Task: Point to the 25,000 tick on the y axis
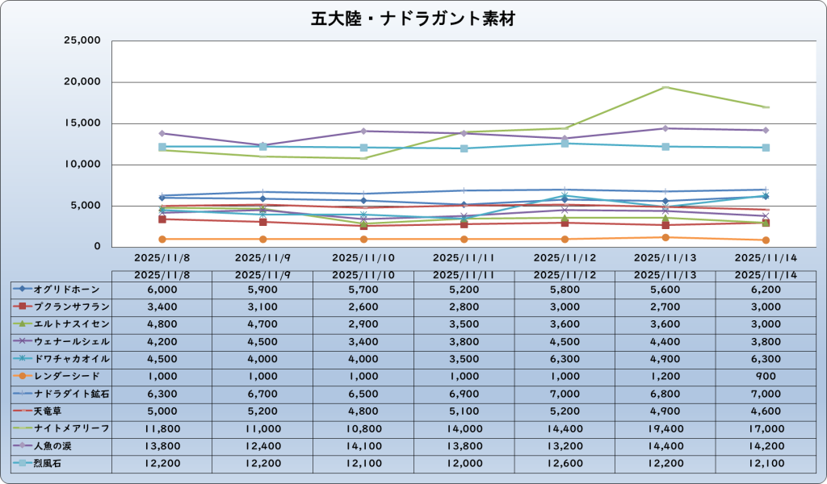pos(81,40)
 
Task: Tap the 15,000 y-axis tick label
pos(81,123)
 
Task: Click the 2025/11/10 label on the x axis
pos(363,259)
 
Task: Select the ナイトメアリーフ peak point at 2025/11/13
pos(665,87)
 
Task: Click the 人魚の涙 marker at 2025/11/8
pos(162,133)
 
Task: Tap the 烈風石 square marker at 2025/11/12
pos(565,143)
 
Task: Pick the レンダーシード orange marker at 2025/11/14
pos(765,240)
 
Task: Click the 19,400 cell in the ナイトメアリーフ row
pos(665,428)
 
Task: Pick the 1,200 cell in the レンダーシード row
pos(665,376)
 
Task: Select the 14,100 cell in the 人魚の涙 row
pos(363,445)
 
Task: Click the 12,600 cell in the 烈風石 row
pos(565,463)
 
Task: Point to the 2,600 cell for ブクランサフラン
pos(363,307)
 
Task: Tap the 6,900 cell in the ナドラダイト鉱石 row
pos(464,394)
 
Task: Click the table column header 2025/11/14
pos(765,275)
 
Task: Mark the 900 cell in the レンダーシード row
pos(765,376)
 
